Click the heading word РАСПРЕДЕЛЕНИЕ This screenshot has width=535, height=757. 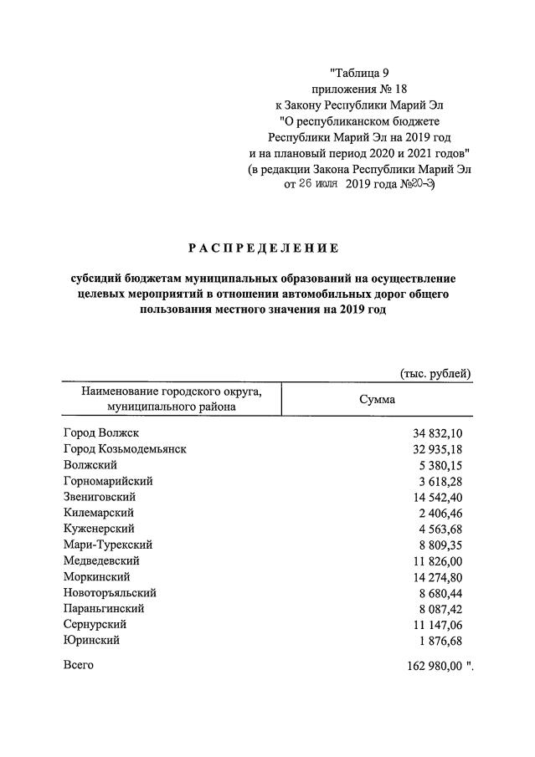click(x=263, y=248)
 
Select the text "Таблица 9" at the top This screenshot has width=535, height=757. click(x=360, y=73)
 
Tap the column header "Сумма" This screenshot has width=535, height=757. click(x=377, y=399)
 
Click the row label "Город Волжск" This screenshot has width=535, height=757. click(x=100, y=433)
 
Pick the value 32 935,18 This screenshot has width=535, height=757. click(x=444, y=449)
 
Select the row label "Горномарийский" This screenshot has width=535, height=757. click(x=108, y=481)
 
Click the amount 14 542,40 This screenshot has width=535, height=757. click(x=444, y=497)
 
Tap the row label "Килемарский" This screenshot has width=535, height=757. click(x=98, y=513)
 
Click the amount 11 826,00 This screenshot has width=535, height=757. click(x=444, y=560)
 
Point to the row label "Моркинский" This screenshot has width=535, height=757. click(x=96, y=576)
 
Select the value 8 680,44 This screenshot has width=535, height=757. click(x=446, y=592)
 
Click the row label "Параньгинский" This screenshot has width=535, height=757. click(x=104, y=608)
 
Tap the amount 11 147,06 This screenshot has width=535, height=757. click(x=444, y=624)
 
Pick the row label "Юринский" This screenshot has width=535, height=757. click(x=91, y=640)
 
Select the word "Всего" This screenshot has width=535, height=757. click(x=79, y=665)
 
